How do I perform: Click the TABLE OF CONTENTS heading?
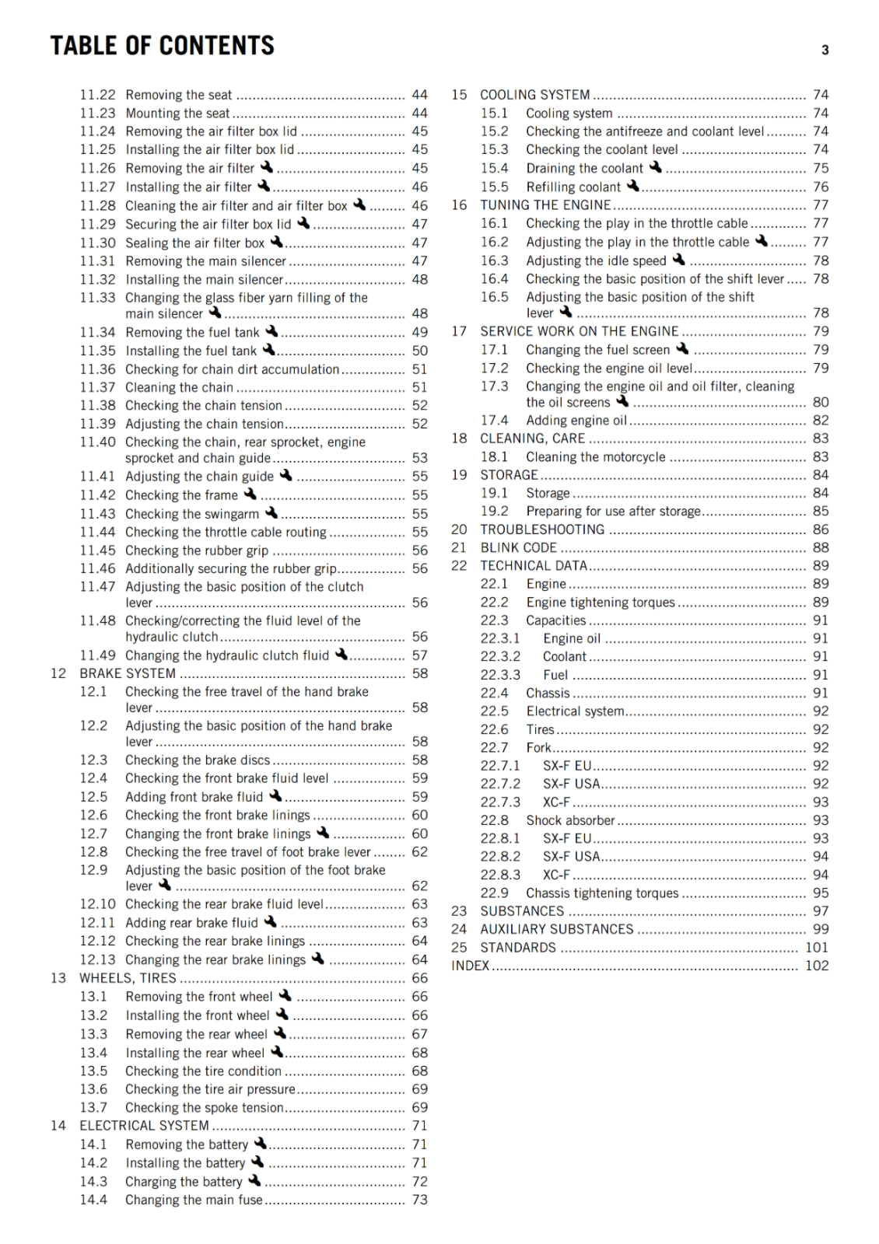[x=162, y=46]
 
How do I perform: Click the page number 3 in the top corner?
[x=825, y=51]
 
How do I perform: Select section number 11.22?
[x=97, y=95]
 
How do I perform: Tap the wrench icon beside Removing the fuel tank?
[x=271, y=331]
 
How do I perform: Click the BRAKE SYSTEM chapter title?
[x=128, y=673]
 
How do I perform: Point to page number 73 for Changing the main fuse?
[x=420, y=1200]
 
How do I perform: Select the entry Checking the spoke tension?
[x=205, y=1107]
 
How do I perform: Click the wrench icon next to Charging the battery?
[x=254, y=1180]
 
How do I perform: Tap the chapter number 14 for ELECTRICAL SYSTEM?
[x=58, y=1125]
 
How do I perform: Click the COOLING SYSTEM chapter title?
[x=534, y=95]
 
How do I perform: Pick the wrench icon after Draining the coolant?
[x=656, y=167]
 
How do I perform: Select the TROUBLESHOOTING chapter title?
[x=542, y=529]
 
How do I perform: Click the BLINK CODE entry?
[x=518, y=547]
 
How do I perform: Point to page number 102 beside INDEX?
[x=817, y=966]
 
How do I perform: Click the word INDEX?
[x=471, y=966]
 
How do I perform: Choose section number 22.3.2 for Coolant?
[x=500, y=656]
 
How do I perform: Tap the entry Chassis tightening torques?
[x=602, y=893]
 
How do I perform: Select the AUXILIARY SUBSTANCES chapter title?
[x=556, y=929]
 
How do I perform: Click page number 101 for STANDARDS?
[x=817, y=947]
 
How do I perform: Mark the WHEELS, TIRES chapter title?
[x=128, y=978]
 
